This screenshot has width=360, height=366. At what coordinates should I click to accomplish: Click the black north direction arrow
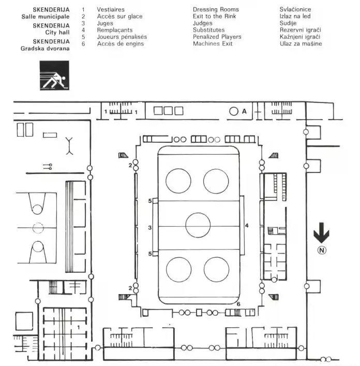tap(321, 233)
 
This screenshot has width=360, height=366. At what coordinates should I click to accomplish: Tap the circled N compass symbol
tap(322, 250)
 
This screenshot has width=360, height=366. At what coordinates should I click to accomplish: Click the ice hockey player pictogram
tap(54, 76)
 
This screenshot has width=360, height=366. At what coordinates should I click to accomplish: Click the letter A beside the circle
tap(244, 111)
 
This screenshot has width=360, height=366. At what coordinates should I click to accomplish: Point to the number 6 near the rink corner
tap(238, 304)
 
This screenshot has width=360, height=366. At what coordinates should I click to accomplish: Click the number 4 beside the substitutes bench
tap(247, 226)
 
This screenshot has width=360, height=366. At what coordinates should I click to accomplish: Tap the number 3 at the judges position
tap(150, 228)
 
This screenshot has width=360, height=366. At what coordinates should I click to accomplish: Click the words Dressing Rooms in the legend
tap(216, 9)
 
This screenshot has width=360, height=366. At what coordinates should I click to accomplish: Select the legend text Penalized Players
tap(217, 37)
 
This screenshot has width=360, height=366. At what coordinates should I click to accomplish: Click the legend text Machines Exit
tap(213, 43)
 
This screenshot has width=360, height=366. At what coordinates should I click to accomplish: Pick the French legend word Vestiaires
tap(111, 9)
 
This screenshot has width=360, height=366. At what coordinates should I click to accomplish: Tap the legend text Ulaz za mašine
tap(301, 43)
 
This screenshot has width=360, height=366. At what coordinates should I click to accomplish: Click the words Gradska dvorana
tap(45, 49)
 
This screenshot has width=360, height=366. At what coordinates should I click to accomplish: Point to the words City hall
tap(57, 33)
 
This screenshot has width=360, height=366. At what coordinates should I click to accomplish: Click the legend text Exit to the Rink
tap(214, 17)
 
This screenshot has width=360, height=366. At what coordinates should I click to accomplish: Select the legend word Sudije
tap(288, 23)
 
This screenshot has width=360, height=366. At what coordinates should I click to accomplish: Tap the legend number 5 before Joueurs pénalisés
tap(83, 37)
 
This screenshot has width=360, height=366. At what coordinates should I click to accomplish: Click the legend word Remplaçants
tap(115, 31)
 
